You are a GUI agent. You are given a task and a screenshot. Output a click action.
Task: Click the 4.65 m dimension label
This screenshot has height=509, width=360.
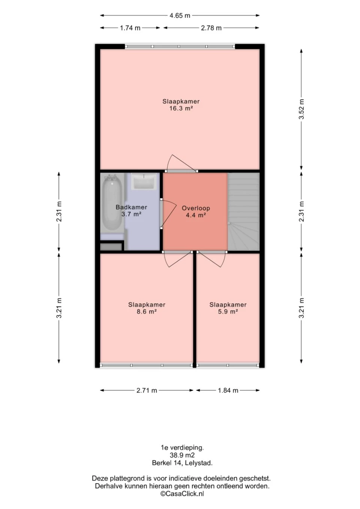tap(180, 16)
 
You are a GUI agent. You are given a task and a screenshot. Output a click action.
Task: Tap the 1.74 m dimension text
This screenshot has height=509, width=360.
tap(130, 28)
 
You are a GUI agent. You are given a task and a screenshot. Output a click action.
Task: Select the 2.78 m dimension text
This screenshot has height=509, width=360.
tap(211, 28)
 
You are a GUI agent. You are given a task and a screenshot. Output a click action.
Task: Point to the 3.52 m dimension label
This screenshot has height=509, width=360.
tap(301, 109)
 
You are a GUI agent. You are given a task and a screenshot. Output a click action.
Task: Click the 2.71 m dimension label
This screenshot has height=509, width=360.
tap(147, 391)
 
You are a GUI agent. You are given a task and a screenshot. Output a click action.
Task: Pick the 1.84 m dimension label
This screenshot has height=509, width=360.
tap(228, 391)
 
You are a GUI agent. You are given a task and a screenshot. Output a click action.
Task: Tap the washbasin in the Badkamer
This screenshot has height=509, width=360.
tap(144, 181)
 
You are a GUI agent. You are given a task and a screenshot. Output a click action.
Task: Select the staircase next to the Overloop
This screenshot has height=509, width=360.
tap(244, 211)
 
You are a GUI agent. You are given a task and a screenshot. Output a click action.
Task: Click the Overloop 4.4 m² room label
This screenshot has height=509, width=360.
tap(196, 211)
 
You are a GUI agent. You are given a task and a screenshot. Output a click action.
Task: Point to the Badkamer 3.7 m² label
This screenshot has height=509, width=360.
tap(131, 210)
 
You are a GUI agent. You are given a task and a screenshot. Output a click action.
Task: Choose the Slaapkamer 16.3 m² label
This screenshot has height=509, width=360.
tap(181, 105)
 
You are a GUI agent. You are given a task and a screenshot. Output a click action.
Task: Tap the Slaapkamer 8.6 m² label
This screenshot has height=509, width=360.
tap(147, 308)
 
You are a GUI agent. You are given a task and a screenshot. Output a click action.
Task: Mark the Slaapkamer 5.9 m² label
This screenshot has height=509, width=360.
tap(228, 308)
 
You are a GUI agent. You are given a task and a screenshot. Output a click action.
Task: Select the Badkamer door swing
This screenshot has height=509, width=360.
tap(168, 214)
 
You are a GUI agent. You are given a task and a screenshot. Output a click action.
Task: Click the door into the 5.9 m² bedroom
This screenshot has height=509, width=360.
tap(211, 259)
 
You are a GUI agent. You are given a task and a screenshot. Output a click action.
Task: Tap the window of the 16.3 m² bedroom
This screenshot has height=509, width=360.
tap(180, 46)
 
